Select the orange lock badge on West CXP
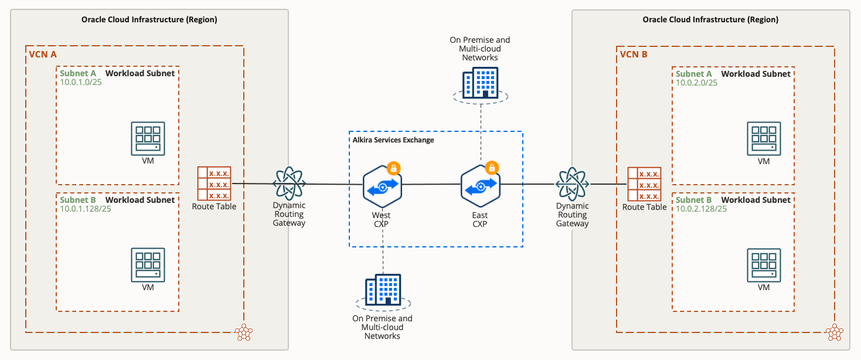[x=393, y=168]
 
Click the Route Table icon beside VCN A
[x=214, y=183]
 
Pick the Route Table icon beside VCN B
[x=644, y=184]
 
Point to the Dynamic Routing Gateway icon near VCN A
[x=289, y=184]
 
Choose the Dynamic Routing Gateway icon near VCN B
[x=572, y=184]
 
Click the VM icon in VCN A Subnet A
[x=148, y=138]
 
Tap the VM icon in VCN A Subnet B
[x=148, y=266]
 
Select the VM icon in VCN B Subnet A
[x=764, y=138]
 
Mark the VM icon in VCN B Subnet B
[x=764, y=266]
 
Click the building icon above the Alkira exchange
[x=480, y=83]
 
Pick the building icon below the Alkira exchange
[x=383, y=290]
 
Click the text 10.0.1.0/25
[x=81, y=83]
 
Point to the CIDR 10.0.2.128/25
[x=702, y=209]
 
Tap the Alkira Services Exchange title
[x=393, y=140]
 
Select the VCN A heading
[x=43, y=55]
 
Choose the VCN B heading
[x=634, y=55]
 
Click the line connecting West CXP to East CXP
[x=431, y=184]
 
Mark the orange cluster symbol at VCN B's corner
[x=834, y=333]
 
